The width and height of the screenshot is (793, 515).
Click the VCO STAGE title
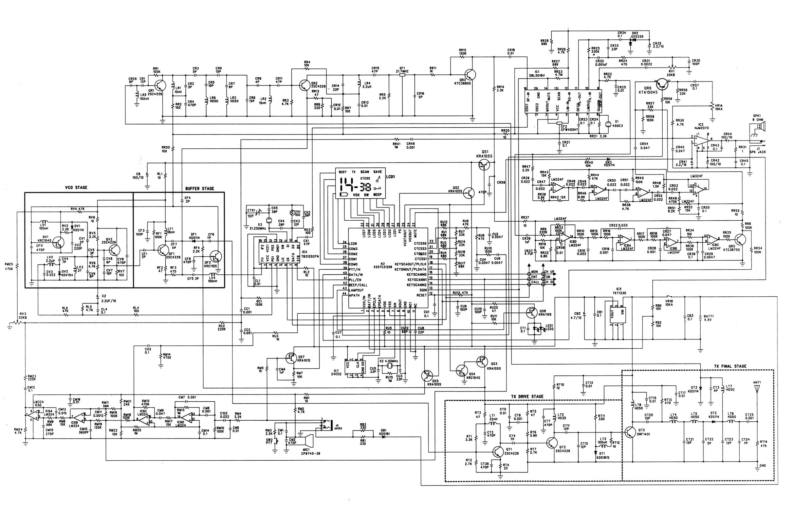click(x=76, y=187)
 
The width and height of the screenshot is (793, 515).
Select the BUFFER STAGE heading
click(x=200, y=189)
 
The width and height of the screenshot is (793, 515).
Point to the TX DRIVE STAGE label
click(x=527, y=396)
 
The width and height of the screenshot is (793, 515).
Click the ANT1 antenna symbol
click(x=757, y=390)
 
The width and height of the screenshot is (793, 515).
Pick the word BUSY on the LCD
click(x=343, y=172)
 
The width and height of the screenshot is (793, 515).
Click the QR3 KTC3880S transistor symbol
click(x=470, y=75)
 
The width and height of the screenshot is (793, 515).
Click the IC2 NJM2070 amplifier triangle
click(x=701, y=139)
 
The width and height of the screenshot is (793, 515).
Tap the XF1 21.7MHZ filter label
click(x=402, y=70)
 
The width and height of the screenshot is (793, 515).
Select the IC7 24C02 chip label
click(x=336, y=373)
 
